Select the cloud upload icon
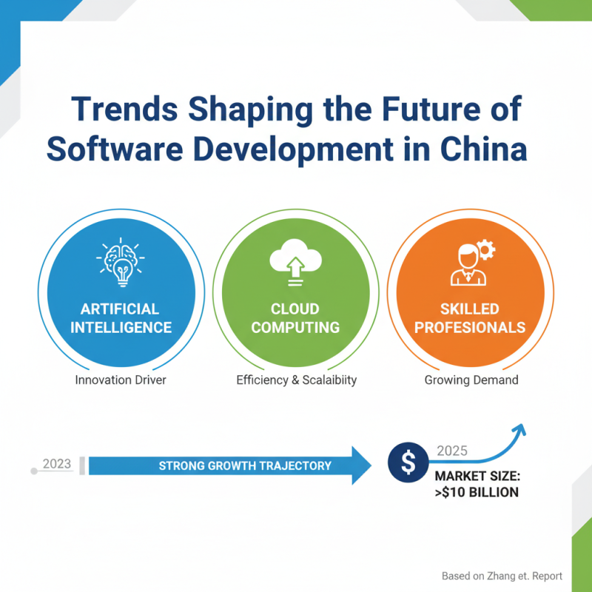tap(295, 263)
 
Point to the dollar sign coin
tap(406, 463)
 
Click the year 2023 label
tap(57, 464)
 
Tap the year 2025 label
tap(452, 450)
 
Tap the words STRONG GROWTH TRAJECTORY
tap(245, 466)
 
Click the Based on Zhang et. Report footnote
tap(502, 575)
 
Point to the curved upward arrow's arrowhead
tap(519, 428)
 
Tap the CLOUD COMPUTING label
tap(295, 317)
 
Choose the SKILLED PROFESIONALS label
tap(471, 317)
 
